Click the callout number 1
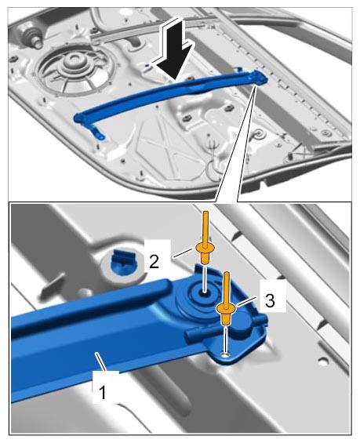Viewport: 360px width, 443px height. click(103, 392)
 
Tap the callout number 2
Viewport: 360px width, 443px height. click(154, 262)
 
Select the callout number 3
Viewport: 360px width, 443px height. click(270, 300)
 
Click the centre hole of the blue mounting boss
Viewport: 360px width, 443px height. click(205, 293)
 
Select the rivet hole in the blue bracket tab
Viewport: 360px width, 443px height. click(225, 354)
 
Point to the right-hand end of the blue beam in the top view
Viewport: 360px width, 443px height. click(259, 77)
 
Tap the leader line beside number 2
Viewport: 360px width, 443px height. click(184, 252)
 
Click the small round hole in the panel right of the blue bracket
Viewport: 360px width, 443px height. click(322, 360)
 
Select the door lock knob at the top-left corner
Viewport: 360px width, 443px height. click(32, 36)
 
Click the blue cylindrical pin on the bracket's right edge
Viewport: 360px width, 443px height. click(259, 320)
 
